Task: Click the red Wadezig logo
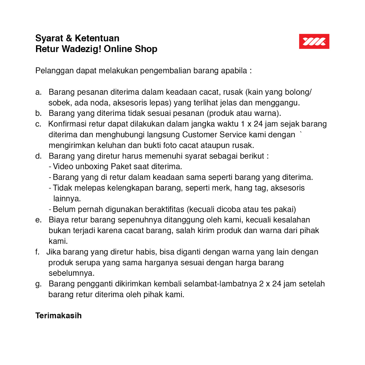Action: [x=314, y=41]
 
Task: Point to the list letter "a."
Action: [x=38, y=92]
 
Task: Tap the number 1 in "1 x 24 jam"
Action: [x=243, y=124]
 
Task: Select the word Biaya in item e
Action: [x=58, y=220]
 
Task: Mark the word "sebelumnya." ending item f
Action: [x=71, y=273]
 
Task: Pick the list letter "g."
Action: [x=38, y=284]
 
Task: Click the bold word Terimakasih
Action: [x=58, y=316]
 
